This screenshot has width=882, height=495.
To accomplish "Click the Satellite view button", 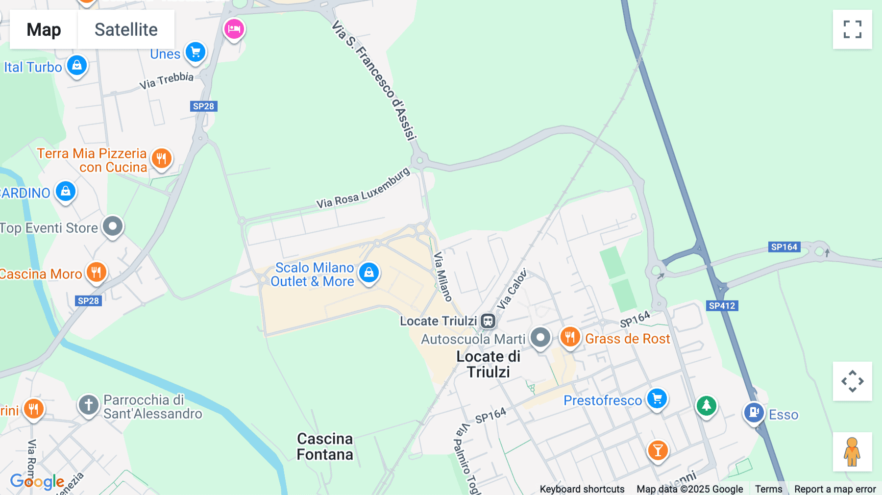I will click(126, 29).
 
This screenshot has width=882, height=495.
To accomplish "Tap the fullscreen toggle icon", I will click(852, 29).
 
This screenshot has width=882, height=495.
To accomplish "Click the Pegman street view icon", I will click(852, 451).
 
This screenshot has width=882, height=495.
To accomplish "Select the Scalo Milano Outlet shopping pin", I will click(368, 272).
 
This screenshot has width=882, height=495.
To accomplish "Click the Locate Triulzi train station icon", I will click(488, 321).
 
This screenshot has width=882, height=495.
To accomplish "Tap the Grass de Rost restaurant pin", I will click(570, 337).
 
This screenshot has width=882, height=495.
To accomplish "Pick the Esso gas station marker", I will click(754, 412).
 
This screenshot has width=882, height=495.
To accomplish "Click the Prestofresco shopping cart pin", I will click(657, 398).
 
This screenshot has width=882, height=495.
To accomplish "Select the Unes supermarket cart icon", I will click(196, 52).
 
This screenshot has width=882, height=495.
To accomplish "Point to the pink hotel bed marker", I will click(234, 29).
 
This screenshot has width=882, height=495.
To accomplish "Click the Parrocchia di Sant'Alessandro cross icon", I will click(89, 405).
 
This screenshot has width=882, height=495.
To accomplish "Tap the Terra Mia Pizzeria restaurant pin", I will click(161, 158).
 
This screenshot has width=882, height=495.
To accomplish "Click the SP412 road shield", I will click(722, 306).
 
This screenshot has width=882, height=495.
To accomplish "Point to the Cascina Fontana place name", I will click(325, 446).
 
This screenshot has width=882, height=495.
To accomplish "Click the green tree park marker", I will click(706, 405).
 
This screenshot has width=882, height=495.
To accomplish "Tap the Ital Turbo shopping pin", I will click(77, 65).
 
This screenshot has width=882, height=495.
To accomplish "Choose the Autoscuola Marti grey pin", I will click(540, 337).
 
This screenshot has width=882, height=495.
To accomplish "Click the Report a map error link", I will click(834, 489).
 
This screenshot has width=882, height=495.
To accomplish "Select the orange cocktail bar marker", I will click(658, 449).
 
